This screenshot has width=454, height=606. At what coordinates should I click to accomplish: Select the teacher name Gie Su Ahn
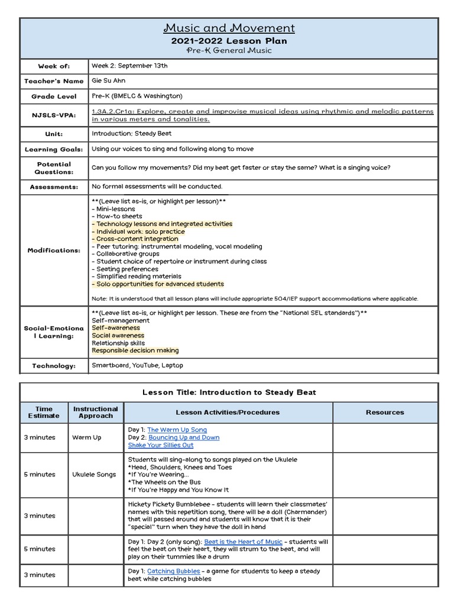109,80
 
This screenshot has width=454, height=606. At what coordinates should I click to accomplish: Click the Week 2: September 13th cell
129,66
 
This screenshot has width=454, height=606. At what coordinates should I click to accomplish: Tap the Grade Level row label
54,96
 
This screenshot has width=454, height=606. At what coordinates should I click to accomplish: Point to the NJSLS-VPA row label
54,115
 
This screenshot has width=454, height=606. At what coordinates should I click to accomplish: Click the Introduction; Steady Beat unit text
131,134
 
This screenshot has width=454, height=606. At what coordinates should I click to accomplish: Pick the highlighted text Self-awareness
116,328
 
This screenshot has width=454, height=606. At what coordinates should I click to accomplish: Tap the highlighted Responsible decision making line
135,350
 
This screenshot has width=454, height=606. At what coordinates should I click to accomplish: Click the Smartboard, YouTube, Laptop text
137,366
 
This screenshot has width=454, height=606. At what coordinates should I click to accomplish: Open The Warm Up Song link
177,430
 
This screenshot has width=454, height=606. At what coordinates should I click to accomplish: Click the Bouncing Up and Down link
183,437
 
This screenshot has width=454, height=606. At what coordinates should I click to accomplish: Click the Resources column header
385,412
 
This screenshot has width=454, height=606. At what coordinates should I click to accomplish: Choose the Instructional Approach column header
95,412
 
